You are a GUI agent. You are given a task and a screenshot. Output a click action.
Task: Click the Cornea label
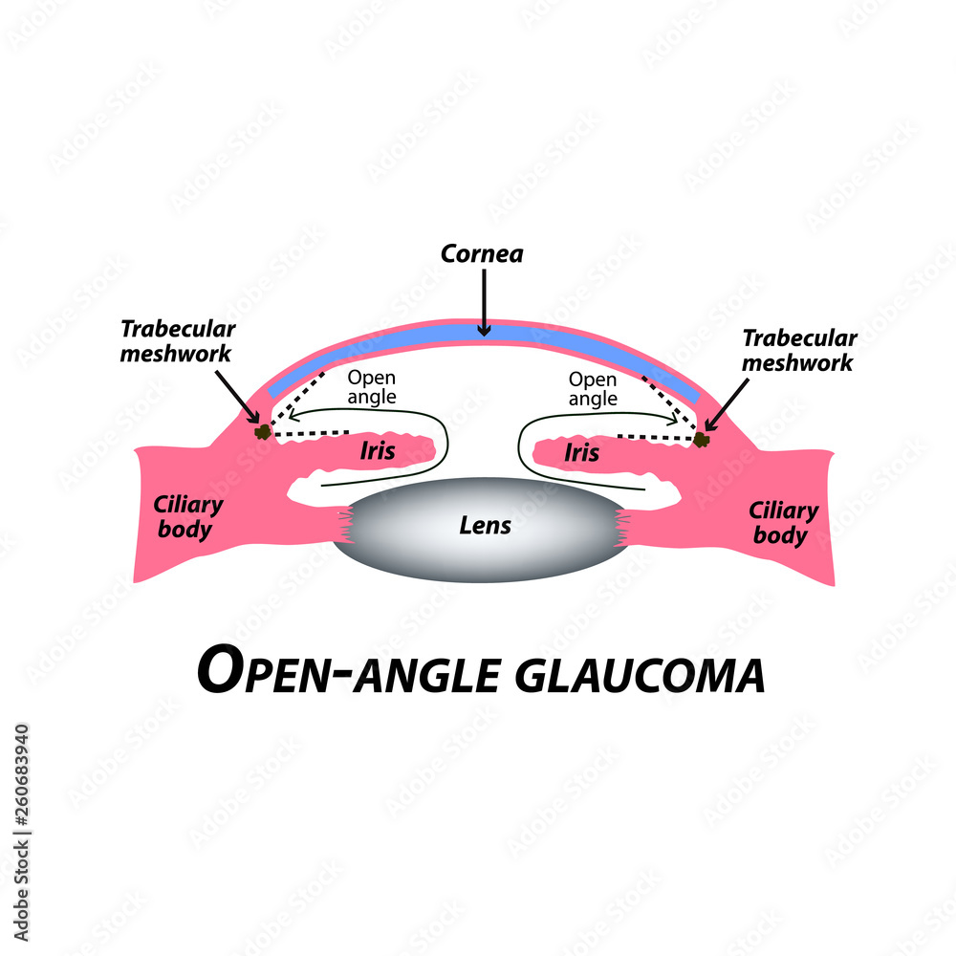(483, 254)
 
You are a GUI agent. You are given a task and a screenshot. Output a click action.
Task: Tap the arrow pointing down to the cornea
(484, 301)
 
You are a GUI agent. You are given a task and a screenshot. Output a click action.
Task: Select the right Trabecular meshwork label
(799, 351)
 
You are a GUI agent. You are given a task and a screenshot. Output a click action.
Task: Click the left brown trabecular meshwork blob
(261, 432)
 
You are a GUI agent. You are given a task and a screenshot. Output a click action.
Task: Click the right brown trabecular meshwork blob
(702, 439)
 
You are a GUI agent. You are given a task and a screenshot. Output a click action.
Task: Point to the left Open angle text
(371, 386)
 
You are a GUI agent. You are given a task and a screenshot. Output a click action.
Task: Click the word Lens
(485, 525)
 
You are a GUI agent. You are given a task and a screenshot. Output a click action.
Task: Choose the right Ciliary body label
(783, 523)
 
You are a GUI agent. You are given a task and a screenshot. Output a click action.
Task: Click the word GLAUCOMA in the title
(640, 673)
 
